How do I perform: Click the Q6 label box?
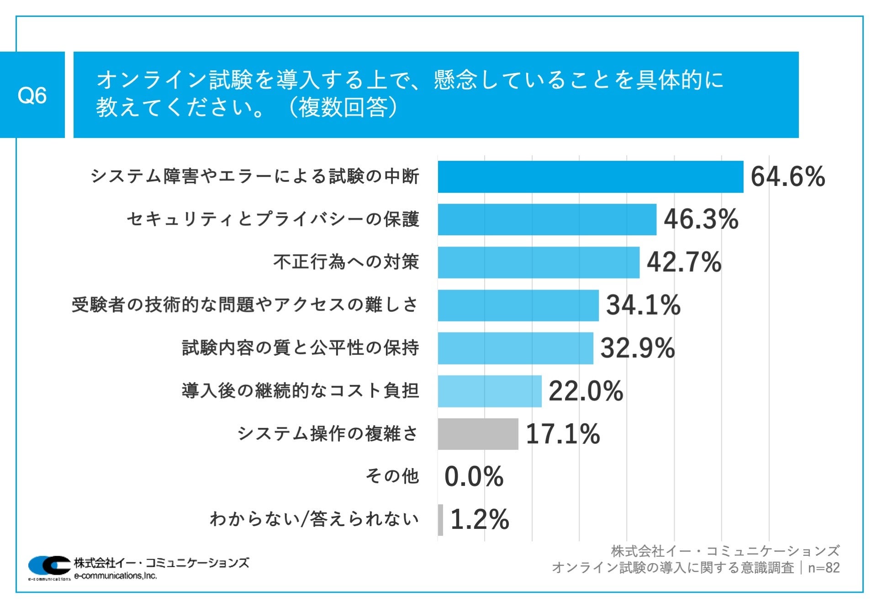[32, 95]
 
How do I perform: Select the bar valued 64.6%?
[590, 177]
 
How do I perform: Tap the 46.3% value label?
[701, 219]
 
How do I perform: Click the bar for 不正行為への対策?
[538, 262]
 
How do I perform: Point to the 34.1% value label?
[643, 305]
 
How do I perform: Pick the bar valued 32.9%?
[515, 348]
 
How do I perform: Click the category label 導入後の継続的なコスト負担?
[300, 391]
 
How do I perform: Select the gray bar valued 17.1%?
[478, 434]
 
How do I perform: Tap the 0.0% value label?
[474, 476]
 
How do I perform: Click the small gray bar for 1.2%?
[440, 520]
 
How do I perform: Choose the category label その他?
[392, 476]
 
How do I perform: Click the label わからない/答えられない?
[314, 519]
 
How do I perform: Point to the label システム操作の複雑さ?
[328, 433]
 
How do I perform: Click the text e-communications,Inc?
[115, 576]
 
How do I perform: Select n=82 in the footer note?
[824, 568]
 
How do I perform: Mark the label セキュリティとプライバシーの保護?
[273, 219]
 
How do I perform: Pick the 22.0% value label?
[586, 391]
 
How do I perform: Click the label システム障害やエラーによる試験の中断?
[255, 176]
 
